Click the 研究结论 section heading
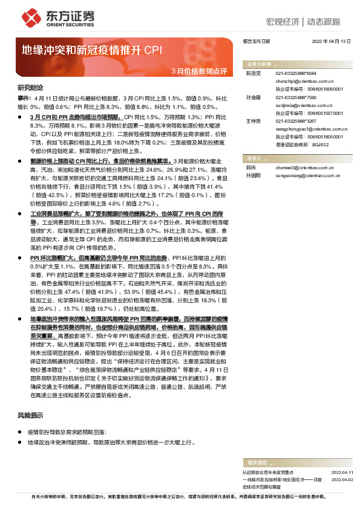(30, 87)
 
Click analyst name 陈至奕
(253, 73)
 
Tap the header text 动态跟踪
(329, 21)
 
